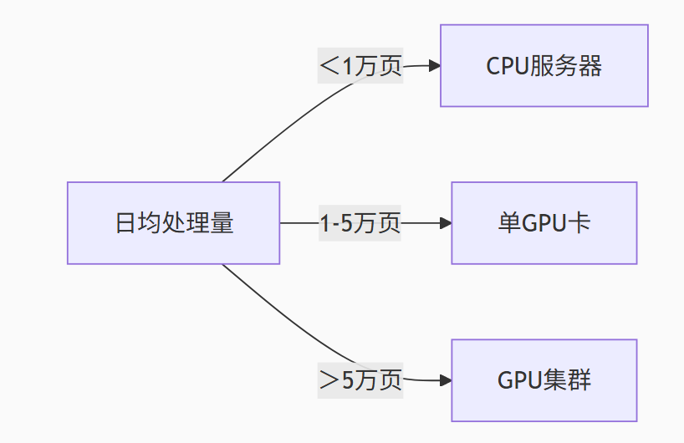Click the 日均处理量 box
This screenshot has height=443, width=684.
coord(173,223)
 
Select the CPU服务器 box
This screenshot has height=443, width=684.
coord(544,66)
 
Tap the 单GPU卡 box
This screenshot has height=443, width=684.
coord(544,223)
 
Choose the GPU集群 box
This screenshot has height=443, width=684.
coord(544,380)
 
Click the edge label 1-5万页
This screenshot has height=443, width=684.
coord(360,223)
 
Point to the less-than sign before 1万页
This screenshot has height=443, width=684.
coord(329,66)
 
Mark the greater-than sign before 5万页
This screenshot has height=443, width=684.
coord(329,380)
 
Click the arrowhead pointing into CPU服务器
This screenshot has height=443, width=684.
coord(434,66)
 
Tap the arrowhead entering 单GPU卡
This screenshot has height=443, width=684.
coord(445,223)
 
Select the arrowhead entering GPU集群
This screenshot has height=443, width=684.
coord(445,380)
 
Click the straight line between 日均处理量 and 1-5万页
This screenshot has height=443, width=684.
coord(299,223)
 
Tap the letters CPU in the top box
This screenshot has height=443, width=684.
coord(507,66)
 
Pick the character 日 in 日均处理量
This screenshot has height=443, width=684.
coord(125,223)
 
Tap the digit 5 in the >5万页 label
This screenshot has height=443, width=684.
coord(347,380)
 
